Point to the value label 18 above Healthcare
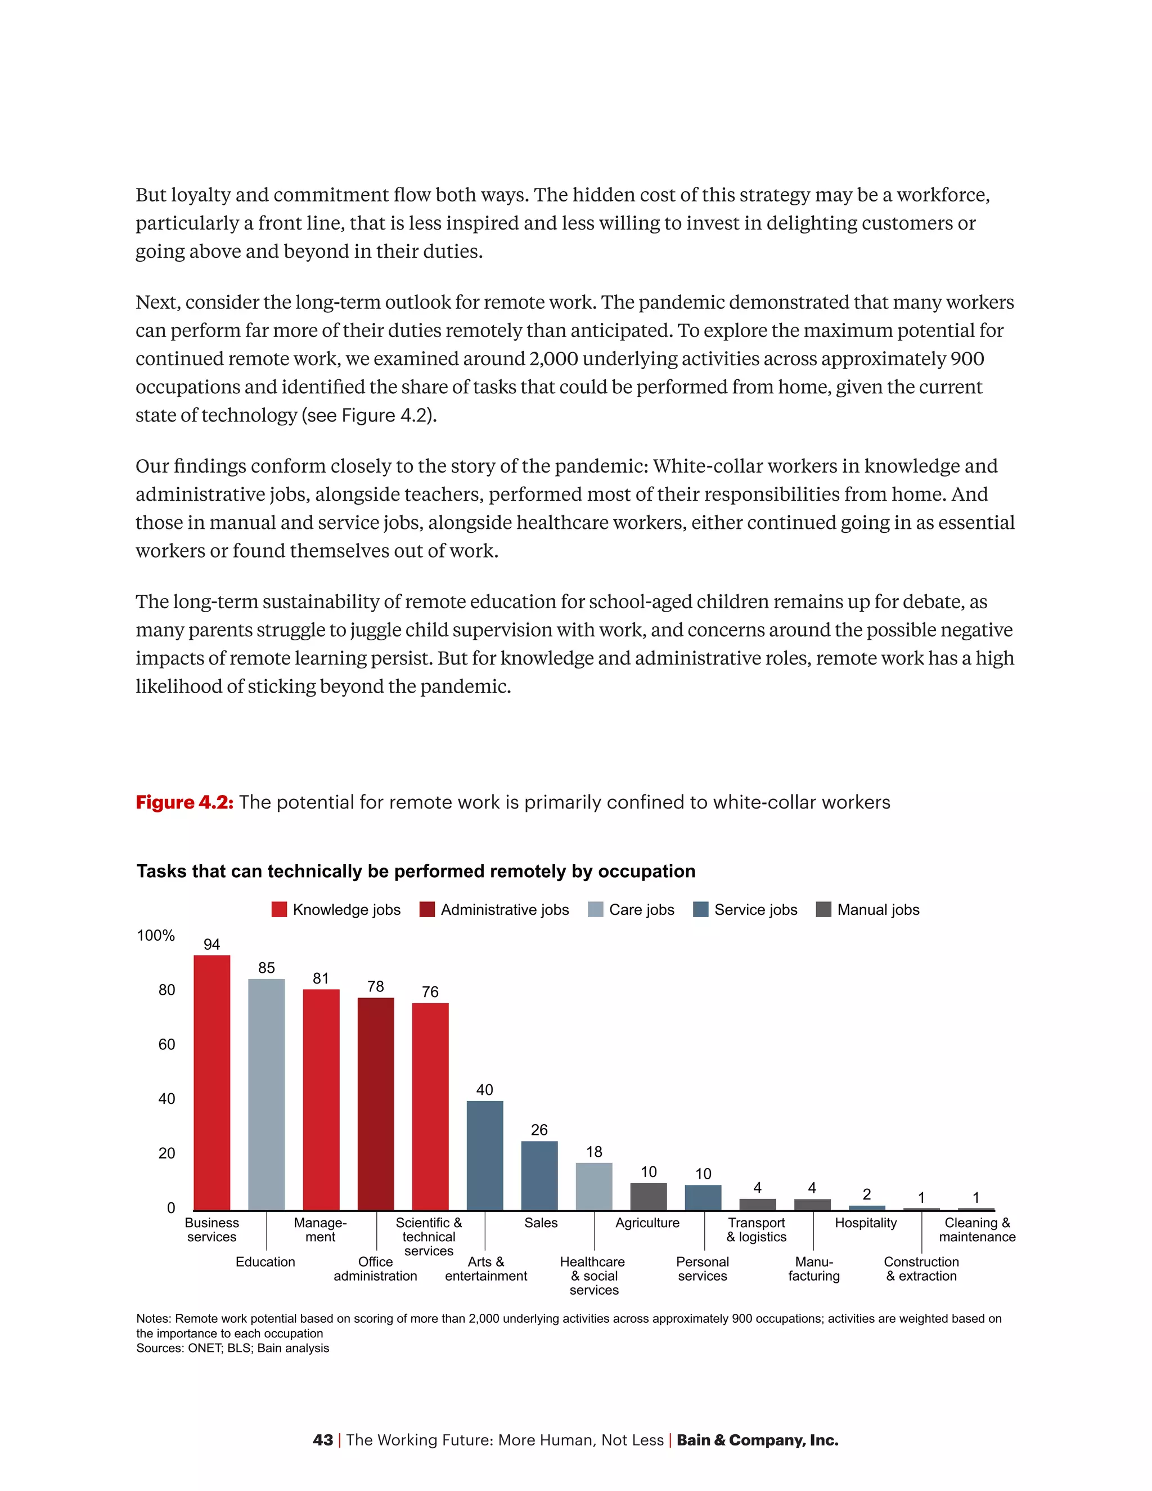click(594, 1152)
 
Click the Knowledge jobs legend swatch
click(279, 909)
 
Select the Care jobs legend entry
click(631, 909)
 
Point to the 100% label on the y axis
click(156, 935)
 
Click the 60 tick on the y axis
click(166, 1044)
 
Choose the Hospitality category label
click(865, 1223)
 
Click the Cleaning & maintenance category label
click(976, 1229)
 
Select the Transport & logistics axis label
click(756, 1229)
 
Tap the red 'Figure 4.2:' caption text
click(184, 802)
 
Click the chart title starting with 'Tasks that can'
click(416, 871)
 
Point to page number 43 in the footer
click(323, 1440)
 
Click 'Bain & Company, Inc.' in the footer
click(757, 1440)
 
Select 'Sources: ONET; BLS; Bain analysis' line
click(232, 1348)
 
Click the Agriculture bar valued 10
click(649, 1196)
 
